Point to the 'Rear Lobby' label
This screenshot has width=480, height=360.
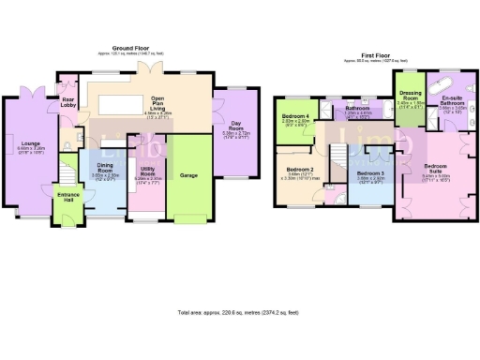click(x=68, y=102)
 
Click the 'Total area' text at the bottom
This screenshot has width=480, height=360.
click(x=239, y=312)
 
